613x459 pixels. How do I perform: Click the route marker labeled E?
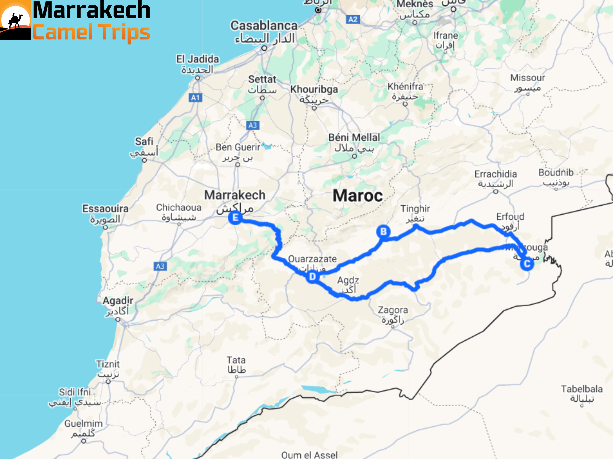click(x=235, y=218)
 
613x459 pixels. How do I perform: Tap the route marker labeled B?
click(x=383, y=232)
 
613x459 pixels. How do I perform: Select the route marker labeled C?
click(x=527, y=264)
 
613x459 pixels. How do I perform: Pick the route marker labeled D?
click(x=312, y=277)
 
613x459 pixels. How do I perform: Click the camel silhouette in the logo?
click(x=15, y=21)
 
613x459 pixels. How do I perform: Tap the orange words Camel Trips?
click(x=91, y=32)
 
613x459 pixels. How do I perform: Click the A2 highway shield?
click(x=353, y=19)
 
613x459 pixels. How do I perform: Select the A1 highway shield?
click(x=195, y=98)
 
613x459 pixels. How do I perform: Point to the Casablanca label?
click(x=264, y=26)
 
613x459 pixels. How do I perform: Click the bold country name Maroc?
click(x=358, y=196)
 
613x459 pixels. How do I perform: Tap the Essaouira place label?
click(x=105, y=209)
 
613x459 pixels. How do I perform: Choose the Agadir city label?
click(x=118, y=301)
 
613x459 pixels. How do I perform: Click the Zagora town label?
click(x=393, y=310)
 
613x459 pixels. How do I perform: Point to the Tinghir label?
click(x=415, y=209)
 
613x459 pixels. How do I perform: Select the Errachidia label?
click(x=496, y=174)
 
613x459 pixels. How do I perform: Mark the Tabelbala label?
click(x=582, y=389)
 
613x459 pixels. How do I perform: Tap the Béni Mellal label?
click(x=354, y=137)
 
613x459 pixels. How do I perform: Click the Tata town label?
click(x=236, y=360)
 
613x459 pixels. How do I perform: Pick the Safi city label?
click(x=144, y=141)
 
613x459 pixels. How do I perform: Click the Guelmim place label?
click(x=84, y=423)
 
